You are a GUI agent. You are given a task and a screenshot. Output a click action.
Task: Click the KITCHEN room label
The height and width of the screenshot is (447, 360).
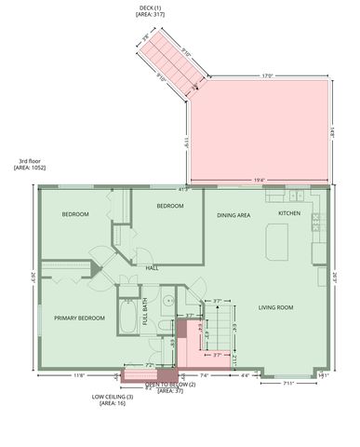[289, 214]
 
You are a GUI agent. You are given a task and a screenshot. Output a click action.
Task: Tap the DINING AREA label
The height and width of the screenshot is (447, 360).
[233, 215]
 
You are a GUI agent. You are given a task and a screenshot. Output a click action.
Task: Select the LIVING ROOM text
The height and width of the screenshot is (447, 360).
[276, 307]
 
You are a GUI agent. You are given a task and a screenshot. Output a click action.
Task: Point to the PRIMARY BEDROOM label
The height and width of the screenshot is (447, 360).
[78, 318]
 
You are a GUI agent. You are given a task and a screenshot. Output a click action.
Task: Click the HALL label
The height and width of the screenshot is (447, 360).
[153, 268]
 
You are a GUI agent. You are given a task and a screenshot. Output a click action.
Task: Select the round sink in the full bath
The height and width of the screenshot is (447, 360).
[167, 301]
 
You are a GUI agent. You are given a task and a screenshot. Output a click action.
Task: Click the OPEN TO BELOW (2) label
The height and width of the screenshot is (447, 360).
[170, 384]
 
